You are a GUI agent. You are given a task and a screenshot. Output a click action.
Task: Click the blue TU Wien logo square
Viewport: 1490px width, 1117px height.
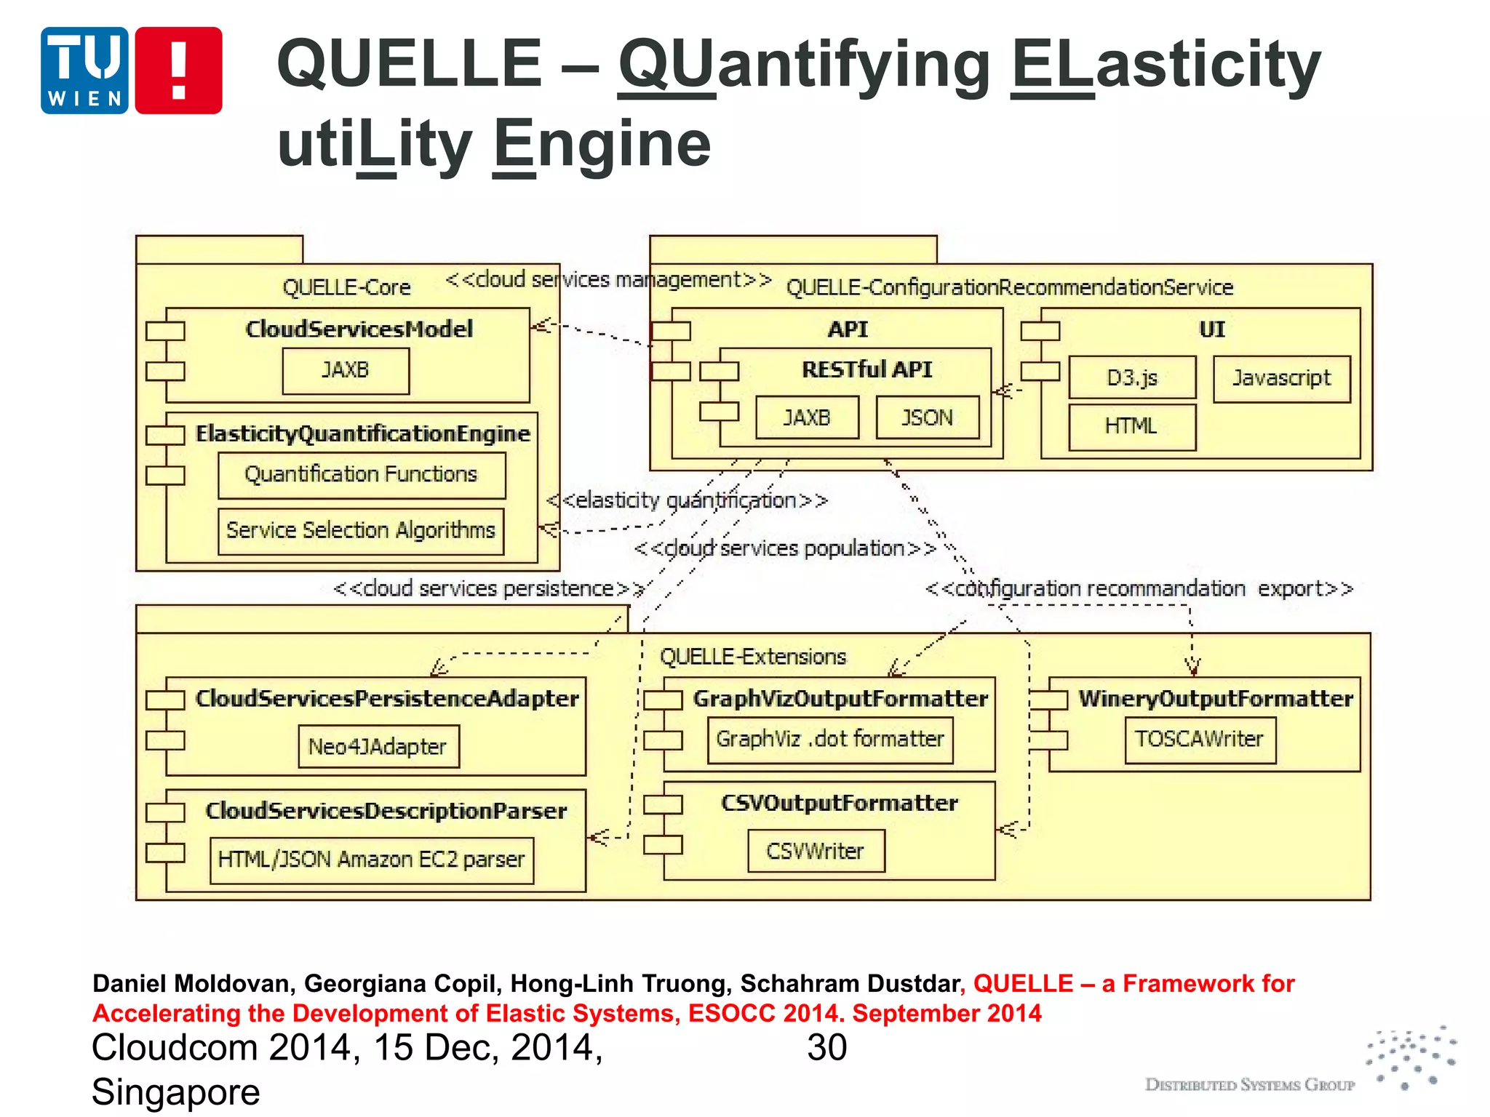tap(84, 71)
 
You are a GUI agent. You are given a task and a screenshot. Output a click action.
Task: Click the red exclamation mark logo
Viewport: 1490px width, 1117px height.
tap(178, 71)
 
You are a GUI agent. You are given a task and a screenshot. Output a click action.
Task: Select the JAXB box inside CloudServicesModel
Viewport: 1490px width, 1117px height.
tap(346, 371)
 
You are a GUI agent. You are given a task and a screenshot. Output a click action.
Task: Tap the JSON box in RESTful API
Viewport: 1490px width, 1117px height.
tap(927, 417)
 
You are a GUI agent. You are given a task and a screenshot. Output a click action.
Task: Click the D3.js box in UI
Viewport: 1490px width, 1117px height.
tap(1131, 377)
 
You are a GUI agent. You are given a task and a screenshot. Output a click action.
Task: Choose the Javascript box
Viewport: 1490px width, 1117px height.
tap(1281, 378)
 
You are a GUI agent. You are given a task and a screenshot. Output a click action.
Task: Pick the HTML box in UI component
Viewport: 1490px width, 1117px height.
tap(1131, 426)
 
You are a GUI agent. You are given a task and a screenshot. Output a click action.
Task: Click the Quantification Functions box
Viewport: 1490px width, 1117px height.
tap(361, 475)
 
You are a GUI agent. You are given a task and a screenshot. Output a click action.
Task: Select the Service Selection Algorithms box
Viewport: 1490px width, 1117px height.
tap(361, 530)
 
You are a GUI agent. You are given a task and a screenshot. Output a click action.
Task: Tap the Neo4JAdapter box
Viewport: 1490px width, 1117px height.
tap(378, 746)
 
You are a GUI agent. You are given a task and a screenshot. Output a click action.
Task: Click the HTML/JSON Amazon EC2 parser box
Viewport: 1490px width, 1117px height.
tap(371, 860)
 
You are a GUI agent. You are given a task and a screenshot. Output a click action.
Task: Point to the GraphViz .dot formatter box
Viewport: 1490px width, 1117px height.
tap(829, 740)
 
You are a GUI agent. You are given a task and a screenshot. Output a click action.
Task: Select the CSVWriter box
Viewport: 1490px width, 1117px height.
tap(816, 851)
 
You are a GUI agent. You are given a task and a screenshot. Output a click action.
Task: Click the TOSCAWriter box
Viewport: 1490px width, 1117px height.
tap(1200, 740)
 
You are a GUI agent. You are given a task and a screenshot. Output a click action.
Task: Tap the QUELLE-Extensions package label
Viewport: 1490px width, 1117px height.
tap(753, 657)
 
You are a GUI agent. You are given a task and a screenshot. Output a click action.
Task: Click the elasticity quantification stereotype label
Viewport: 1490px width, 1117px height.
tap(688, 500)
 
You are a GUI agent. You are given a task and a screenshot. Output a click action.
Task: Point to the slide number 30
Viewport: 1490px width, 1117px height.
tap(826, 1048)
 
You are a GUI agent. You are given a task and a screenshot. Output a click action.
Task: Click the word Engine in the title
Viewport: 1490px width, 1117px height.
tap(602, 143)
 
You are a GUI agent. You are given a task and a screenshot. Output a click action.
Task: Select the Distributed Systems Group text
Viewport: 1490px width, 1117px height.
tap(1249, 1085)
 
